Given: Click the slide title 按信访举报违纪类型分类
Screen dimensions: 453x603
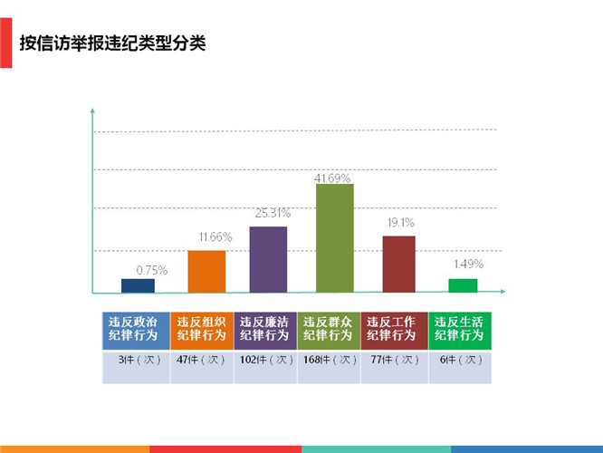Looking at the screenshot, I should coord(112,43).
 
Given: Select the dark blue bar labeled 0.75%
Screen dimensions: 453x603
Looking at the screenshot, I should coord(138,285).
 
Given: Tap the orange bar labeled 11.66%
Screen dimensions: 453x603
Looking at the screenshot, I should coord(206,271).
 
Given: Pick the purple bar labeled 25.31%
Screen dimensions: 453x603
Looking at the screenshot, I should coord(268,259).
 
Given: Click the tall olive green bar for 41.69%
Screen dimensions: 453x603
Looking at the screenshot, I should coord(334,237).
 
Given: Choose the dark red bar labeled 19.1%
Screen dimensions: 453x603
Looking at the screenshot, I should coord(398,264).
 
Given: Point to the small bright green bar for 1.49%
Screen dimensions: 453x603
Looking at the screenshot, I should coord(463,285).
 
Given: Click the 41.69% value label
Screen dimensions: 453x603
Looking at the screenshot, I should coord(333,178).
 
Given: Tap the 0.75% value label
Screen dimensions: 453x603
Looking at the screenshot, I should coord(151,270).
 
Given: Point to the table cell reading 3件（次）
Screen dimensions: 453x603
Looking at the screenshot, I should coord(135,360).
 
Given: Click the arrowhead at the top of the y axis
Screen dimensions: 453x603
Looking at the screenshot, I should coord(92,111).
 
